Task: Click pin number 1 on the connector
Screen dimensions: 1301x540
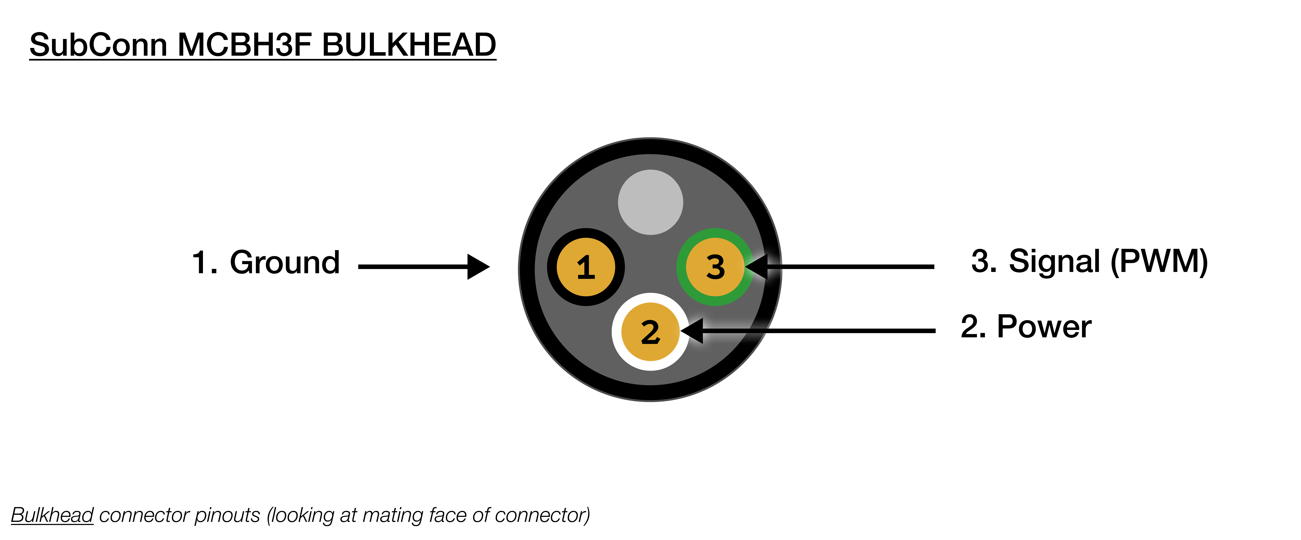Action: [586, 267]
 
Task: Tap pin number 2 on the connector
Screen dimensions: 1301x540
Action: [650, 332]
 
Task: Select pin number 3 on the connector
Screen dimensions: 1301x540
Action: [715, 267]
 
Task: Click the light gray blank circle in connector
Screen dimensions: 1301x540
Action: [650, 202]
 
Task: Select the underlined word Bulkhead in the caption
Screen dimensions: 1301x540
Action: [53, 515]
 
